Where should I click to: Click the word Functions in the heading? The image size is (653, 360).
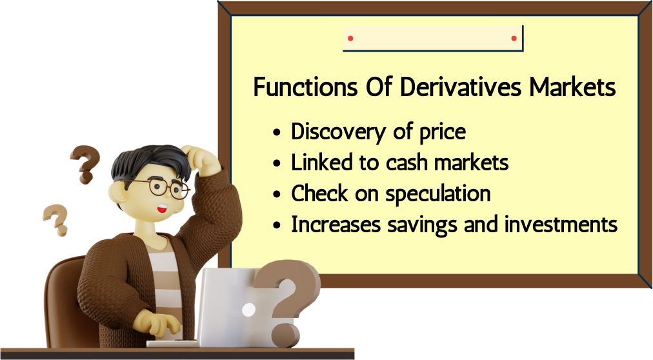306,87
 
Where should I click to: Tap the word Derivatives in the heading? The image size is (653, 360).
461,87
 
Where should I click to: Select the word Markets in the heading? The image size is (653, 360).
572,87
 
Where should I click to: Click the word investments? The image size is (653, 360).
561,225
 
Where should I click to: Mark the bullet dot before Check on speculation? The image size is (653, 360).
277,194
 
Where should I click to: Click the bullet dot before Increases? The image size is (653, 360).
277,226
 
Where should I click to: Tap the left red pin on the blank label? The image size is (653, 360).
350,38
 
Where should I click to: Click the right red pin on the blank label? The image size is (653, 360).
514,38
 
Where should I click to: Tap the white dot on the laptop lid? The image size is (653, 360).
248,310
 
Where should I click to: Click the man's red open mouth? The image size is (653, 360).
162,209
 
